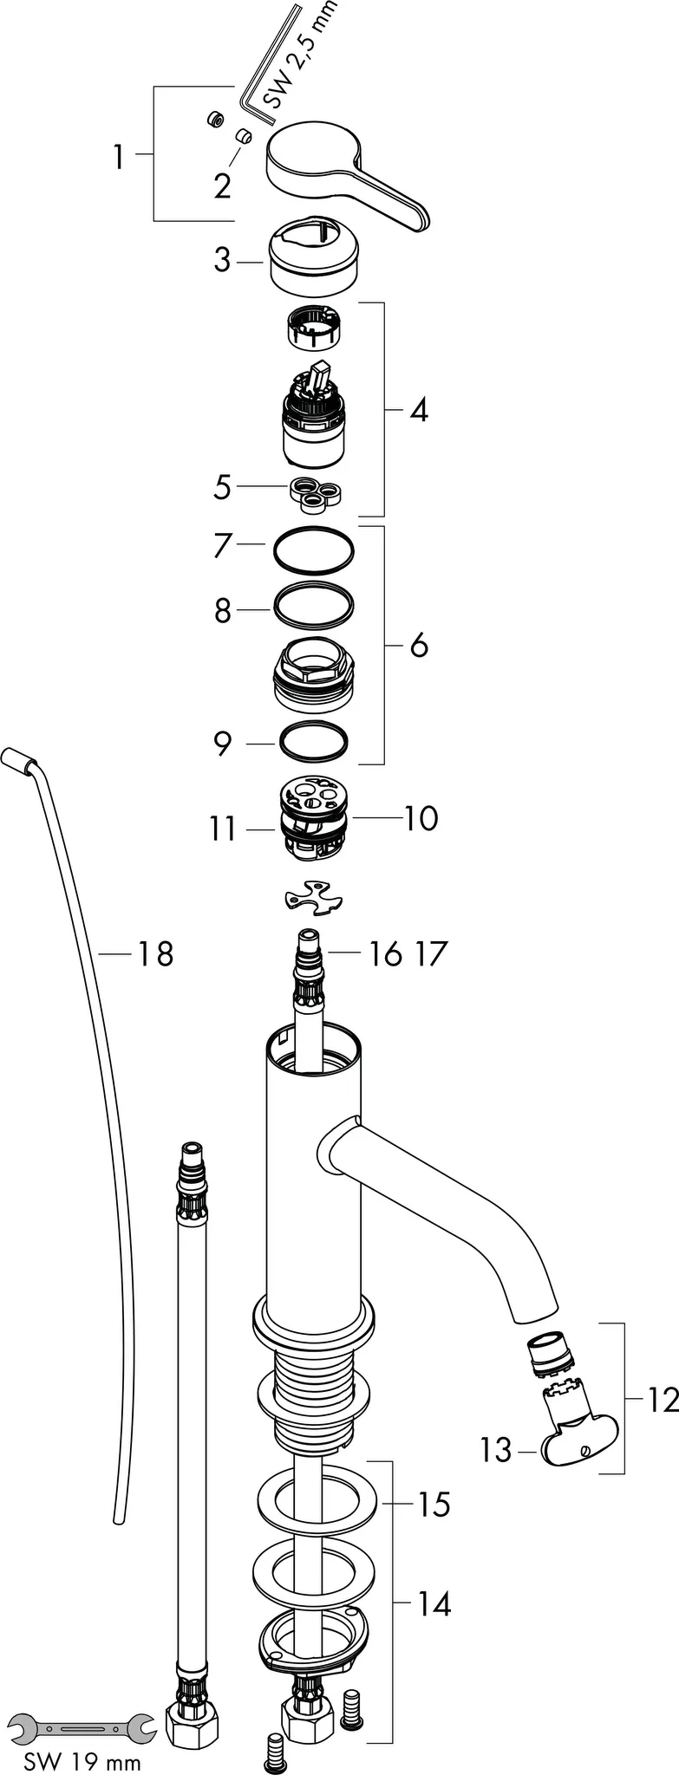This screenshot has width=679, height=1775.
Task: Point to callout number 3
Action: (x=223, y=260)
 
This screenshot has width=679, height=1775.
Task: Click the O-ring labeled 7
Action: (x=314, y=550)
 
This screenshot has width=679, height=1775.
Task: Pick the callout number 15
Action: (x=432, y=1505)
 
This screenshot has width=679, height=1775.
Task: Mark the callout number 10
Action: (x=421, y=817)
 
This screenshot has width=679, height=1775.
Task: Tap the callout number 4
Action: (x=419, y=410)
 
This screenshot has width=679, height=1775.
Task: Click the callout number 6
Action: (x=419, y=645)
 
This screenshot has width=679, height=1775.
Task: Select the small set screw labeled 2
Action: (x=244, y=136)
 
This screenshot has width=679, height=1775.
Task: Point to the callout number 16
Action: (x=384, y=954)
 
